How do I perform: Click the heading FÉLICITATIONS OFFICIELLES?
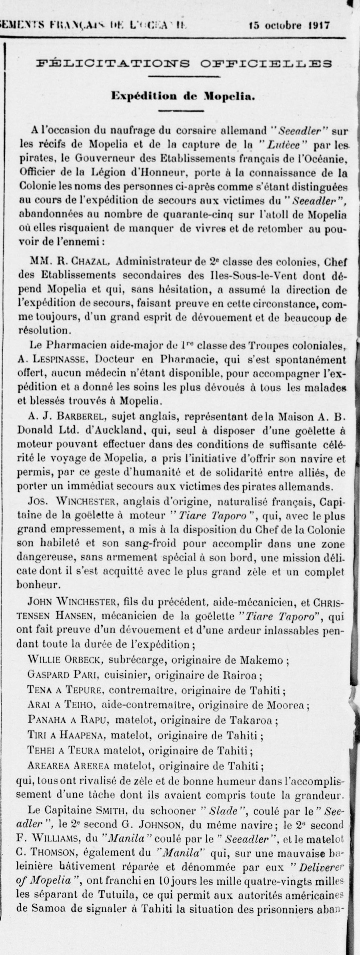(184, 63)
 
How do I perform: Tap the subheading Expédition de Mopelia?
(184, 96)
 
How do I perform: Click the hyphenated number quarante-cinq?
(194, 214)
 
